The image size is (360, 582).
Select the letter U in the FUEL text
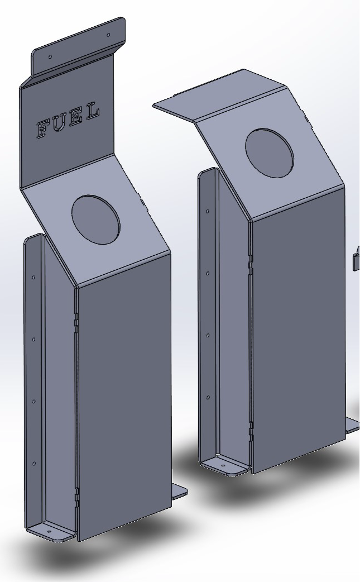(x=59, y=123)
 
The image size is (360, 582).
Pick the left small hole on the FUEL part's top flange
(x=50, y=56)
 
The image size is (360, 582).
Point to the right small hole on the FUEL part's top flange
(x=109, y=34)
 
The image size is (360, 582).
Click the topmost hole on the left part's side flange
(x=33, y=277)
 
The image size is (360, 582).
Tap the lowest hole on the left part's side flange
(x=33, y=464)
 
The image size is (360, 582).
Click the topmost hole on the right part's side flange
(x=208, y=212)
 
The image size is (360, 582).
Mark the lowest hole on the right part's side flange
(x=208, y=398)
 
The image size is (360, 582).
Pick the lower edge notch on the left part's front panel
(x=77, y=494)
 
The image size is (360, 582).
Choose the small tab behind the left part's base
(x=179, y=492)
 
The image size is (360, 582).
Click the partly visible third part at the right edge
(x=356, y=258)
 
